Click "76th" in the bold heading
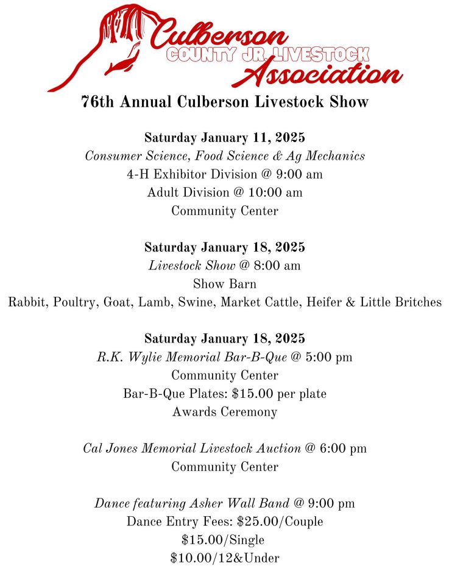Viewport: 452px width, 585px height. tap(97, 102)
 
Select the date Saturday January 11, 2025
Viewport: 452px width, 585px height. tap(225, 138)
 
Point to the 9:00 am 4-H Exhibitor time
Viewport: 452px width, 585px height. tap(299, 174)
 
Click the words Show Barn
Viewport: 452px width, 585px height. tap(225, 284)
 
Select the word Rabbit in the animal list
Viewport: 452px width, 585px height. tap(26, 302)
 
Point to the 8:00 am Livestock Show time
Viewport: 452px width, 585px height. tap(277, 266)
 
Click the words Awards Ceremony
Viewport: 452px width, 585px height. tap(225, 412)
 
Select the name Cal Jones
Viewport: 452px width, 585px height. tap(110, 448)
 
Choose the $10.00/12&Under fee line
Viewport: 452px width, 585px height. tap(225, 558)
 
